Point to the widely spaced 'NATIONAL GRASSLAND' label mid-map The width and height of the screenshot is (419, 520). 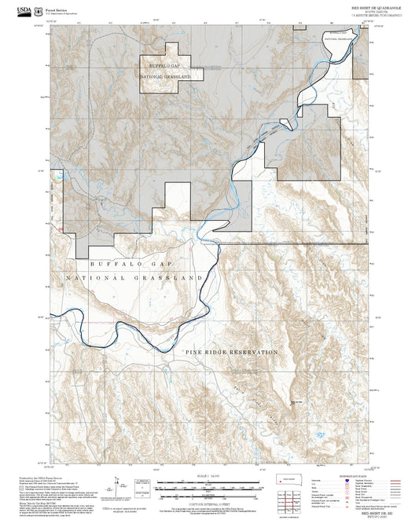point(134,279)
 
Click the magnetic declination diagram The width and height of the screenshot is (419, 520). point(119,485)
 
